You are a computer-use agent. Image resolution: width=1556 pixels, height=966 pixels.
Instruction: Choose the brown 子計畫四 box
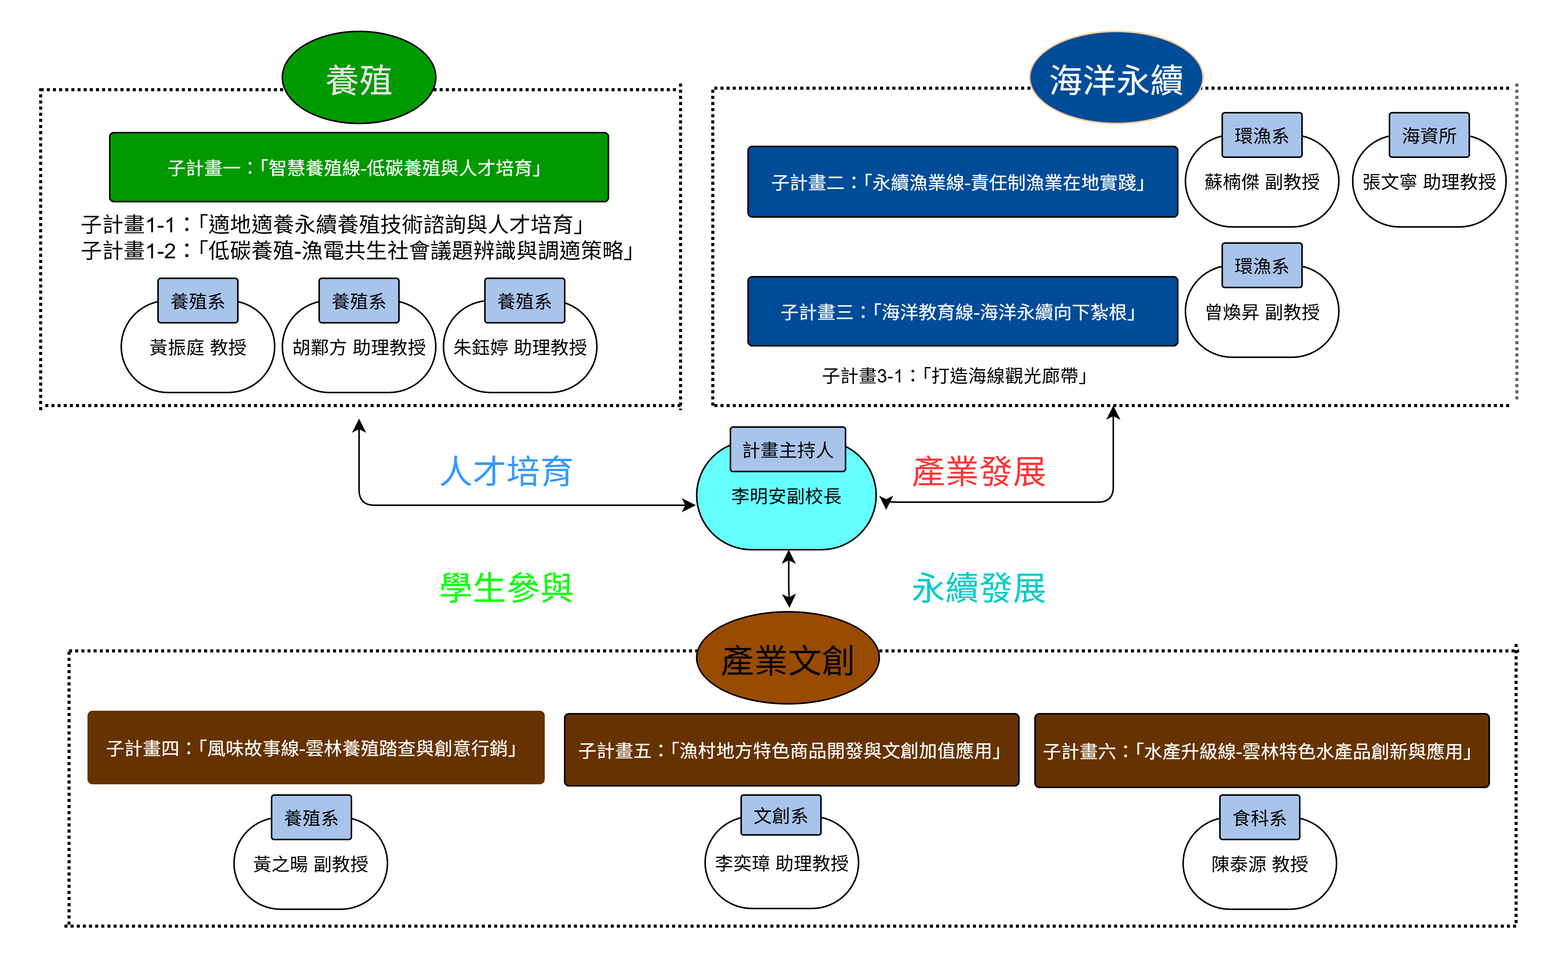click(x=315, y=747)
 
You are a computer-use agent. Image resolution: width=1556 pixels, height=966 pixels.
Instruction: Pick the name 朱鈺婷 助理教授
click(x=520, y=348)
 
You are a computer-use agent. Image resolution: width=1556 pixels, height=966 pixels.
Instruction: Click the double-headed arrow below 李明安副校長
click(x=789, y=579)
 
